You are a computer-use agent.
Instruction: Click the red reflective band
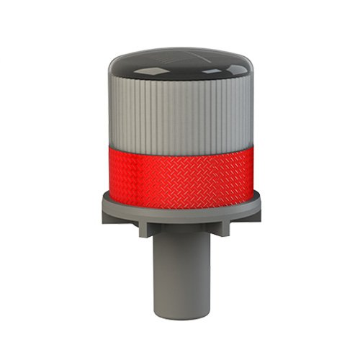[179, 169]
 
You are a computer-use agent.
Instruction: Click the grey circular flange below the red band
[179, 209]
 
